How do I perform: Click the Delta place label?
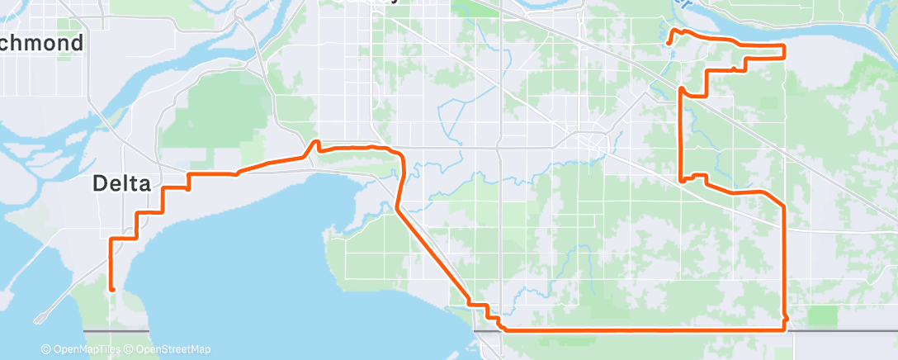121,184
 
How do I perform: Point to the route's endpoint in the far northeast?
668,40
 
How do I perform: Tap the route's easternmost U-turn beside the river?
782,51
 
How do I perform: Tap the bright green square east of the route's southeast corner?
822,315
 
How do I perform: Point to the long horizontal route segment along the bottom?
644,330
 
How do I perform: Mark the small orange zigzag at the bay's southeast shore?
487,310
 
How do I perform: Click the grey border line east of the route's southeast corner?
842,330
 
